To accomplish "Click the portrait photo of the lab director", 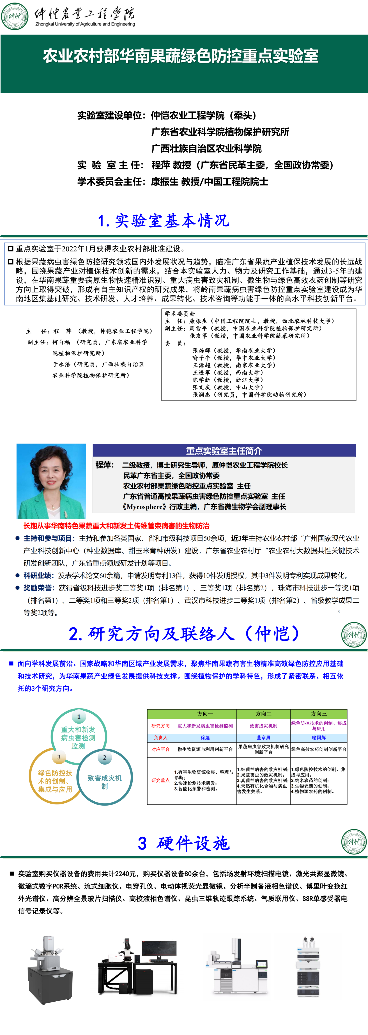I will (x=51, y=481).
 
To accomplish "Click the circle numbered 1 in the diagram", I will (x=79, y=717).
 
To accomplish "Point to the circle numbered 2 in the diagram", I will (x=105, y=758).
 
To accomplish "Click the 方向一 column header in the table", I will (x=205, y=713).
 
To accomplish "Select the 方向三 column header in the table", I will (x=319, y=713).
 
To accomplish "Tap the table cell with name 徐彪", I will (x=205, y=738).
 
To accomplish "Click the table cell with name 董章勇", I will (x=263, y=738).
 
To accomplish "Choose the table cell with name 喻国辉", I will (x=319, y=738).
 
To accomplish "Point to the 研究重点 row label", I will (x=160, y=780).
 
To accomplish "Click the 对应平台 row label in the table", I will (x=160, y=749).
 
